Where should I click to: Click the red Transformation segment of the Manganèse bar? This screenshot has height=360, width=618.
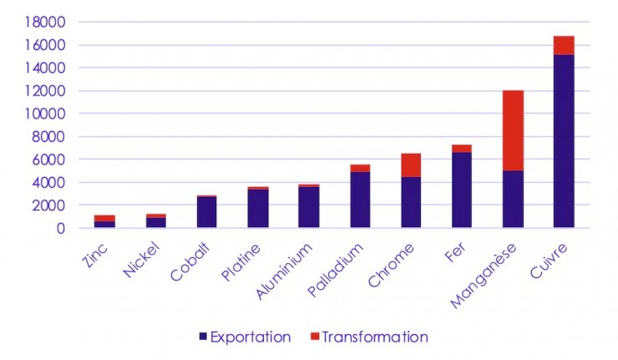coord(513,130)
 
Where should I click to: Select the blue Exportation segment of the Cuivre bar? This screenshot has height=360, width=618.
coord(564,141)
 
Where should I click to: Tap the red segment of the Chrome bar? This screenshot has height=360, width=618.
coord(411,165)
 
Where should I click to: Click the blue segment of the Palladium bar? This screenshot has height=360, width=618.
coord(360,200)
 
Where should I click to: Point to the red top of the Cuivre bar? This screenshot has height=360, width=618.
coord(564,45)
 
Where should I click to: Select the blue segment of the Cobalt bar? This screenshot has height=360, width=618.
coord(206,212)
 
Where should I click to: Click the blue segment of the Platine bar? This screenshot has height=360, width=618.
coord(258,208)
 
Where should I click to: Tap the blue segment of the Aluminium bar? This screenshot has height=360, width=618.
coord(309,207)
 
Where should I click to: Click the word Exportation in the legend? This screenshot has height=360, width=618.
coord(251,337)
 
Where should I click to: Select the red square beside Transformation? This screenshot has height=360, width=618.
coord(314,337)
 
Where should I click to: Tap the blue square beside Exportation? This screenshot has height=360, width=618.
coord(203,337)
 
